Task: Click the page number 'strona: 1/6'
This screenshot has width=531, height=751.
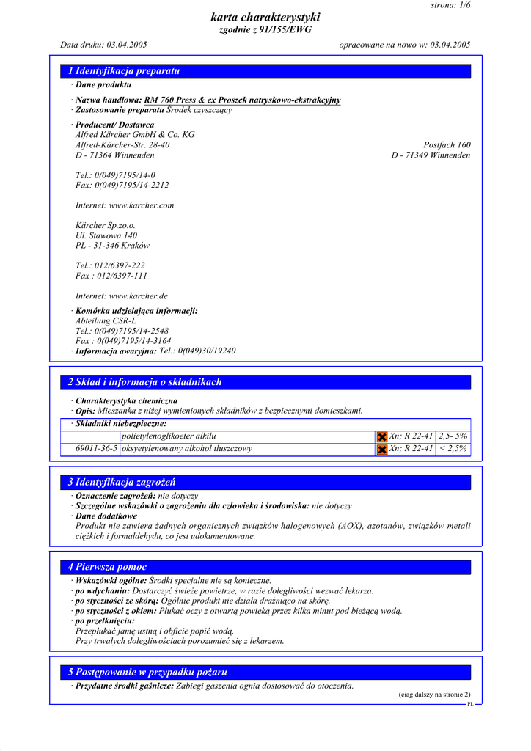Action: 450,5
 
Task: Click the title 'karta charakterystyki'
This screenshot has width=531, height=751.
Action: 265,17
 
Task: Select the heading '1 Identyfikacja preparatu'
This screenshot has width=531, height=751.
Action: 124,71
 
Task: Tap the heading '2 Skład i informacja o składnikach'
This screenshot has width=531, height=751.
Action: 144,382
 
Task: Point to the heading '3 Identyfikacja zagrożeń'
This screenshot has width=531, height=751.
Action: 122,483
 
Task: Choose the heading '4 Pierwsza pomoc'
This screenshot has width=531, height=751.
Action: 107,567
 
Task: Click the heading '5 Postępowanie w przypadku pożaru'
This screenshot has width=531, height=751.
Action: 147,672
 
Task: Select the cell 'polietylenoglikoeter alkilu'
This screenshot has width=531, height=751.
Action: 169,436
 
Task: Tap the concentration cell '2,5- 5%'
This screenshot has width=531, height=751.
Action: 453,436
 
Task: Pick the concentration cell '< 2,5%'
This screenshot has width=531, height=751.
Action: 453,448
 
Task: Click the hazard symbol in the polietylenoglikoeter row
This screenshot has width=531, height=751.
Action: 381,437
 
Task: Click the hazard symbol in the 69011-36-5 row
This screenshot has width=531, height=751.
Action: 381,449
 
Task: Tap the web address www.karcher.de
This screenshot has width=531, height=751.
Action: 138,296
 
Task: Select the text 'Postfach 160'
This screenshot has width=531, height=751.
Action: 447,145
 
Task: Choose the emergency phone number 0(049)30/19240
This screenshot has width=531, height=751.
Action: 197,351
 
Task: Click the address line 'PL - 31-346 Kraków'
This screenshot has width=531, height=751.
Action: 112,246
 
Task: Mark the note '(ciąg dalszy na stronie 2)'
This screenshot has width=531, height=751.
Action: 434,695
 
